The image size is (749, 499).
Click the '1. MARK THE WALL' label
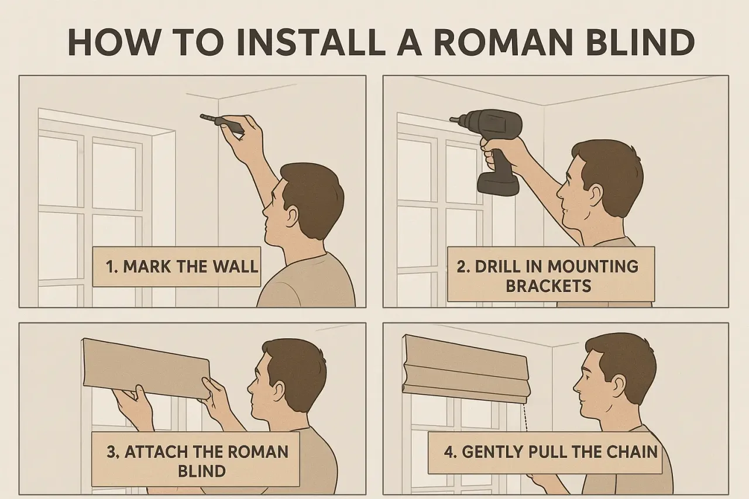(177, 267)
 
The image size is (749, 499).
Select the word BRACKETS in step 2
(548, 286)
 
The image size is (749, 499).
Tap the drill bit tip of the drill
(451, 119)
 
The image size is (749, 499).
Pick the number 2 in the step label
(461, 267)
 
